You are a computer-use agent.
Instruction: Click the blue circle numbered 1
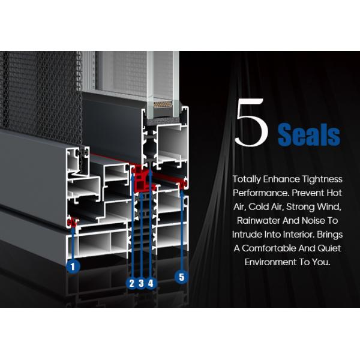pos(73,266)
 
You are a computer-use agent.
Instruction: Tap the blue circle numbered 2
pos(132,283)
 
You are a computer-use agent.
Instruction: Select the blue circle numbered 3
pos(141,283)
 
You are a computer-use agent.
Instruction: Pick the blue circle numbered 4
pos(151,283)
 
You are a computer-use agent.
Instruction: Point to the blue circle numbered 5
pos(182,277)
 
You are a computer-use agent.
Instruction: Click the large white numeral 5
pos(251,122)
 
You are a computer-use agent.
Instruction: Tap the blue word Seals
pos(309,134)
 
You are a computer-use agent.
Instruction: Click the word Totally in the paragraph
pos(246,179)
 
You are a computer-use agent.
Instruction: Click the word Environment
pos(269,262)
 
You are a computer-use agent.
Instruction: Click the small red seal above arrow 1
pos(73,222)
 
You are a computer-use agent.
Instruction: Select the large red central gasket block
pos(143,179)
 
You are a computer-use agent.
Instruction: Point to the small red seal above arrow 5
pos(183,184)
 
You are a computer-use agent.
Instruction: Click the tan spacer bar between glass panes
pos(163,104)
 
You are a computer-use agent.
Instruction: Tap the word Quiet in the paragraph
pos(329,248)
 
